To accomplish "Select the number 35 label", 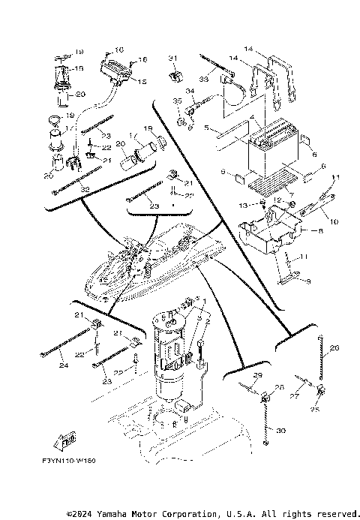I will click(177, 101).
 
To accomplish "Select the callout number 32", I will click(64, 189).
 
